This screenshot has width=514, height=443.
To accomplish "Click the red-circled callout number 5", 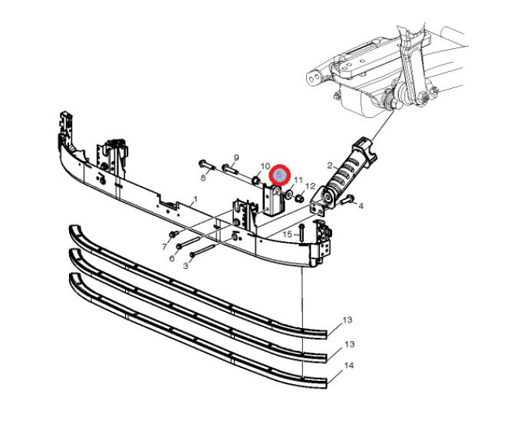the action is (x=279, y=176).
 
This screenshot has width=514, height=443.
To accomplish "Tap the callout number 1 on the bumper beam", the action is (x=196, y=199).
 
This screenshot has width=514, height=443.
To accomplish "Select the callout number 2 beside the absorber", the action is (x=330, y=166).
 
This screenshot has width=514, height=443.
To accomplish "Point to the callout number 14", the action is (x=349, y=365).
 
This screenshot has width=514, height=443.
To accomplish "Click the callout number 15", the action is (x=287, y=235).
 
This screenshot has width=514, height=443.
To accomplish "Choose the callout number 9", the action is (x=236, y=157).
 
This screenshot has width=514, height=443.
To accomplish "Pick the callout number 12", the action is (x=310, y=186).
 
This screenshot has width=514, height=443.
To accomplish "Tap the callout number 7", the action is (x=165, y=247).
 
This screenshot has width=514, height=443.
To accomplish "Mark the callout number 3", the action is (x=186, y=266).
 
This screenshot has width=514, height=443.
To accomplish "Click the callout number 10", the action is (x=265, y=166).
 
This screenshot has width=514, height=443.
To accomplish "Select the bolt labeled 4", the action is (x=347, y=199).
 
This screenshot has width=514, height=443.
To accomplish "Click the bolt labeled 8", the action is (x=206, y=164).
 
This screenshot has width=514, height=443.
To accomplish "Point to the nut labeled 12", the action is (x=298, y=198).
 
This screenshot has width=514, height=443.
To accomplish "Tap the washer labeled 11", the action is (x=289, y=195).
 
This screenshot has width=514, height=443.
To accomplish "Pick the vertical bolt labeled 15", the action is (x=301, y=233).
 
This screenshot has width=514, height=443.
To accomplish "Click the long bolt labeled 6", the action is (x=188, y=243).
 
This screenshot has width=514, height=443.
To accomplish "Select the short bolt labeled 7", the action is (x=173, y=234).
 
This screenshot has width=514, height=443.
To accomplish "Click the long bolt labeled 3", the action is (x=203, y=250).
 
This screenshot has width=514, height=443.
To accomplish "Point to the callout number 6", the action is (x=172, y=258).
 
